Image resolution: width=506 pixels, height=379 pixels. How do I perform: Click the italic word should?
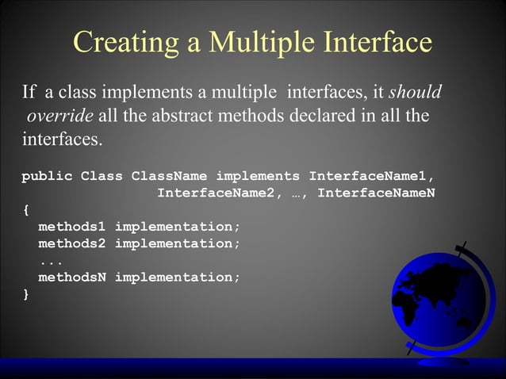point(415,94)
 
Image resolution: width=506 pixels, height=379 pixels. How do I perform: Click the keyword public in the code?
point(47,175)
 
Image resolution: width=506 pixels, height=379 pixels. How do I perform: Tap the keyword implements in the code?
point(258,175)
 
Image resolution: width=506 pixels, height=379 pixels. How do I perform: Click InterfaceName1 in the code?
point(372,175)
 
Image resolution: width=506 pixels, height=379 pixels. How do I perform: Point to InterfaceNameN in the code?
point(376,193)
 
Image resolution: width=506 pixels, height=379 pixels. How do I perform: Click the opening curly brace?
point(25,210)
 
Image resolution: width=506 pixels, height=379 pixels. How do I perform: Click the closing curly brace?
point(25,294)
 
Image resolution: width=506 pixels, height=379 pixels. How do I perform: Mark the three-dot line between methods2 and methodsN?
point(51,261)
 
